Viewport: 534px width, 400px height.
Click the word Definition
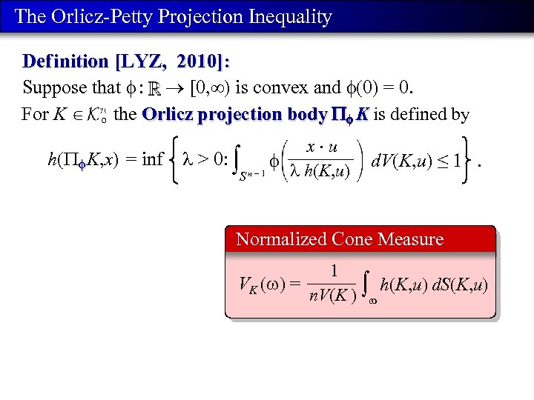65,61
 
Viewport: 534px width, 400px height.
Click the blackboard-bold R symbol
162,89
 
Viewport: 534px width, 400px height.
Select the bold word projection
234,115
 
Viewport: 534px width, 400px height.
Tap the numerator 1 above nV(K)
334,272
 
